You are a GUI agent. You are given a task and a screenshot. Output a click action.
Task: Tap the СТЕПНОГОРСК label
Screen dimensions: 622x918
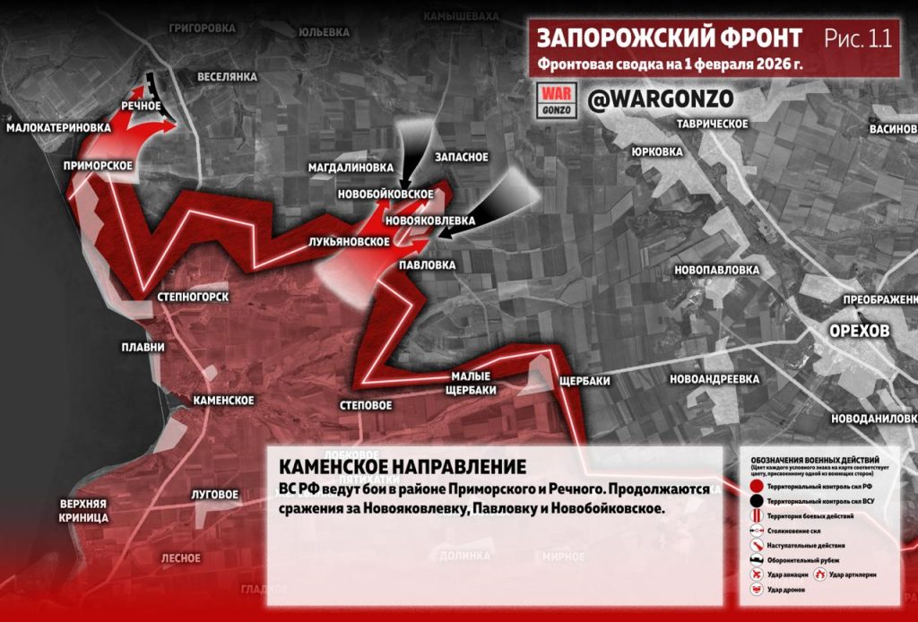[193, 297]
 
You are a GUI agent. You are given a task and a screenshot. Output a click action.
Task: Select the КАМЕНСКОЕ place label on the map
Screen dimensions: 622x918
[224, 400]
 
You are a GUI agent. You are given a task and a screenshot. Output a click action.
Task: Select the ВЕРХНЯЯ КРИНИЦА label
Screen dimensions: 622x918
[84, 510]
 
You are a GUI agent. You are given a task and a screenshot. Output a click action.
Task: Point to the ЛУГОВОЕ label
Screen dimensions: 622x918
[215, 494]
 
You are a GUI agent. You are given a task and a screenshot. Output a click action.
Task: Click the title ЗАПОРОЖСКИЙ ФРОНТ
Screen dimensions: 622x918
[670, 39]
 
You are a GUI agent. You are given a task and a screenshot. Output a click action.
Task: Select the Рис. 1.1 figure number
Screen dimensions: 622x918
[857, 39]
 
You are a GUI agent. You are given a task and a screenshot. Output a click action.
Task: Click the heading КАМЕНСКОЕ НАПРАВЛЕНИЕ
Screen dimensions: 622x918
[403, 468]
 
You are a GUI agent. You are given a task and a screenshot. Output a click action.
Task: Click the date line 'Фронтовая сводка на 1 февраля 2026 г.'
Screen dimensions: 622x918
[670, 65]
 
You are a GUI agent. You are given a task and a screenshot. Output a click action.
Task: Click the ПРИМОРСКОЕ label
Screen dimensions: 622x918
[99, 166]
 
